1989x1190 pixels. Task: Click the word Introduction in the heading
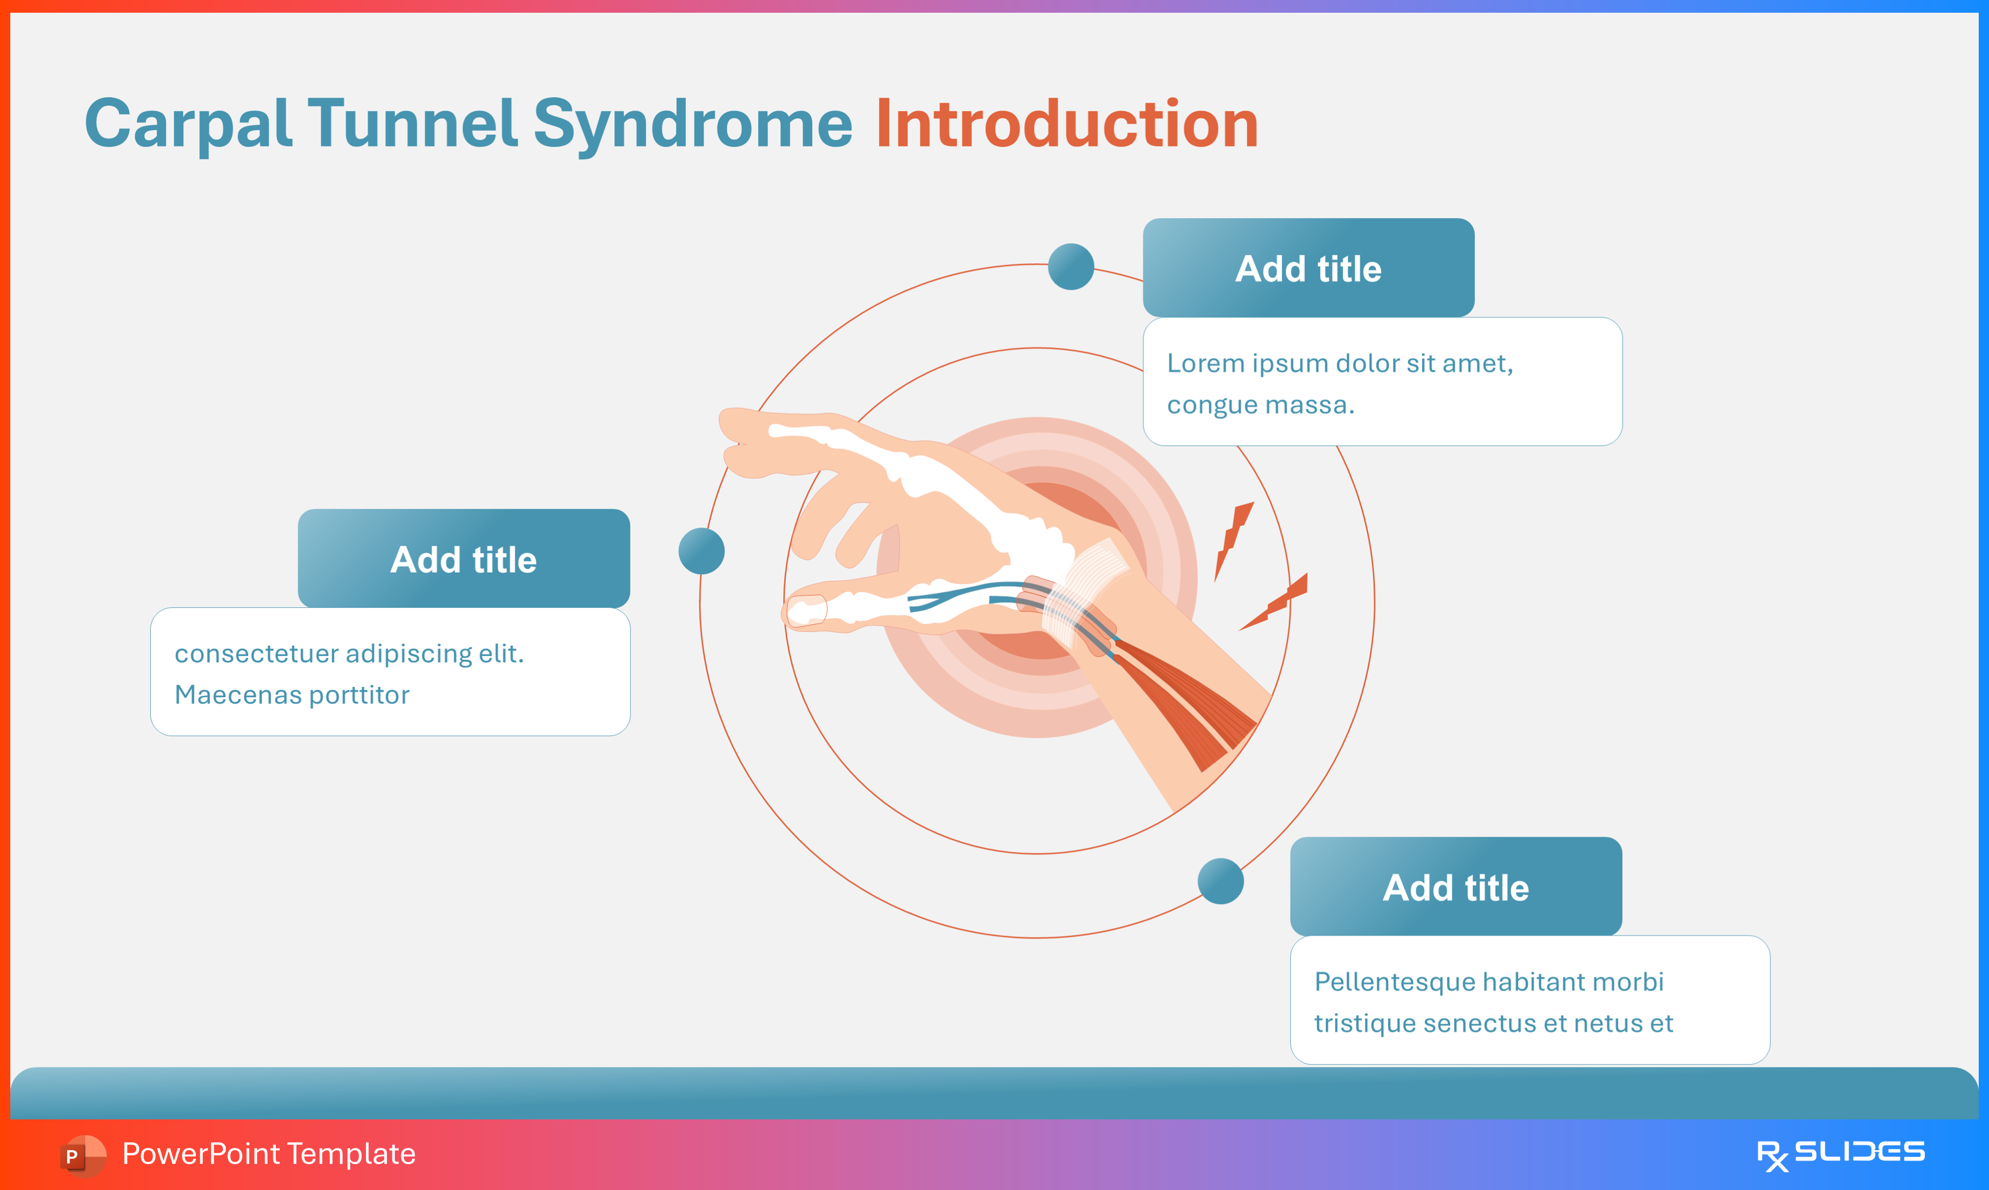(1067, 124)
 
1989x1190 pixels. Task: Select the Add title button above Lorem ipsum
(1308, 268)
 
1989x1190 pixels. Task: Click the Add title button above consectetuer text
(463, 559)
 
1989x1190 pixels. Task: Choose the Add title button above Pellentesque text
(1455, 887)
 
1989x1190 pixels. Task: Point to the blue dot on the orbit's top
(1071, 266)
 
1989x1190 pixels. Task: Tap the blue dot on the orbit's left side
(701, 551)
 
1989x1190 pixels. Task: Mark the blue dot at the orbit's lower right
(1220, 881)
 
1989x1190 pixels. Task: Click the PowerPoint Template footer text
(268, 1154)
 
